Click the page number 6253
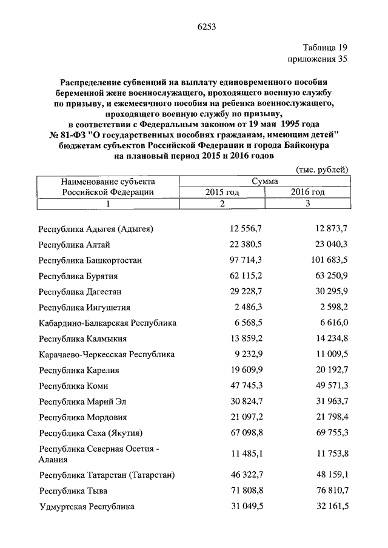(x=207, y=26)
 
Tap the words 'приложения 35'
(x=316, y=59)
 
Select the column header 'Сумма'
(x=266, y=181)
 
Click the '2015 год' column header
(x=222, y=192)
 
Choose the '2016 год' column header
(x=307, y=192)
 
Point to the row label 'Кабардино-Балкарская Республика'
(x=107, y=323)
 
